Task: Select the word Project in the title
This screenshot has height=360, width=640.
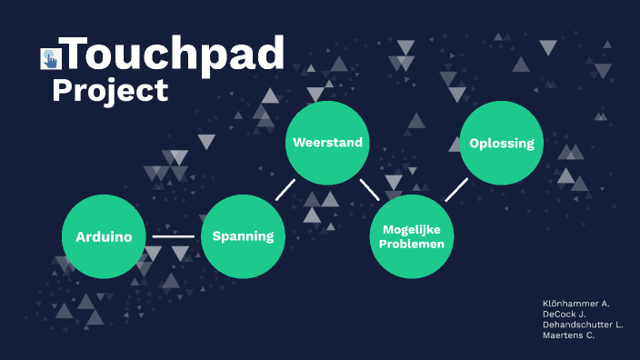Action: (x=110, y=90)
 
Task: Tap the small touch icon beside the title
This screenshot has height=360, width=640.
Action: (x=50, y=59)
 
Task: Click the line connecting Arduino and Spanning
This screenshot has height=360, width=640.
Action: (x=173, y=236)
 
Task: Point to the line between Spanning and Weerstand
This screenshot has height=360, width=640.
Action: (x=285, y=188)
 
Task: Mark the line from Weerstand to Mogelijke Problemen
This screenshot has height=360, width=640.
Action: (x=369, y=188)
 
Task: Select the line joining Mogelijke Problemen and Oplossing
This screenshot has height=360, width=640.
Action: (x=455, y=189)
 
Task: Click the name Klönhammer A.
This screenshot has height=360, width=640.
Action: (x=575, y=303)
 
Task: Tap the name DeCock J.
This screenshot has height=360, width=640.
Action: (x=563, y=314)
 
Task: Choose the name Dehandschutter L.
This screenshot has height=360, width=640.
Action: (x=583, y=325)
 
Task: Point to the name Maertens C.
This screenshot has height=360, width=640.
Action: (x=568, y=335)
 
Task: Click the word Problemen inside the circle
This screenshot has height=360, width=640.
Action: (x=413, y=244)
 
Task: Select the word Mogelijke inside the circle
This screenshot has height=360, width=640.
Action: (x=413, y=231)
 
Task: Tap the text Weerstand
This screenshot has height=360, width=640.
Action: (x=327, y=142)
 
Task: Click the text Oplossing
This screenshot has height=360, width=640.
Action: (x=501, y=143)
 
